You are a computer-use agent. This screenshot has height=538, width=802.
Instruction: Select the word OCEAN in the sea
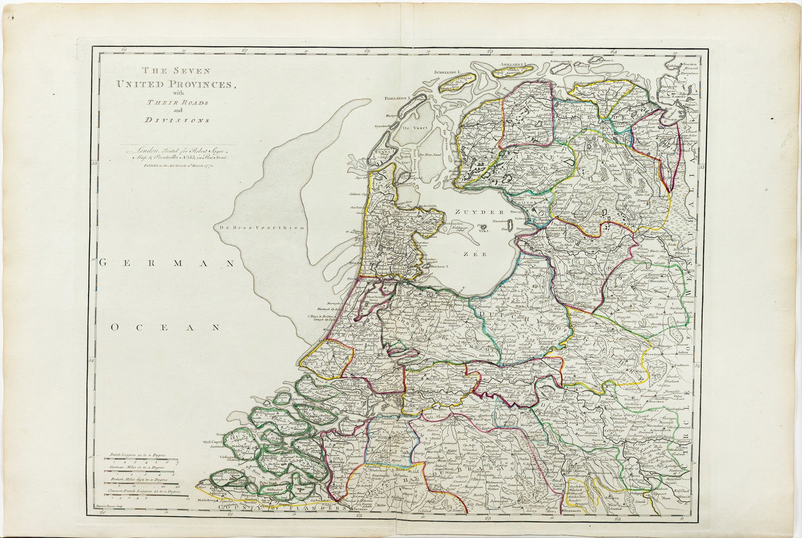166,327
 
